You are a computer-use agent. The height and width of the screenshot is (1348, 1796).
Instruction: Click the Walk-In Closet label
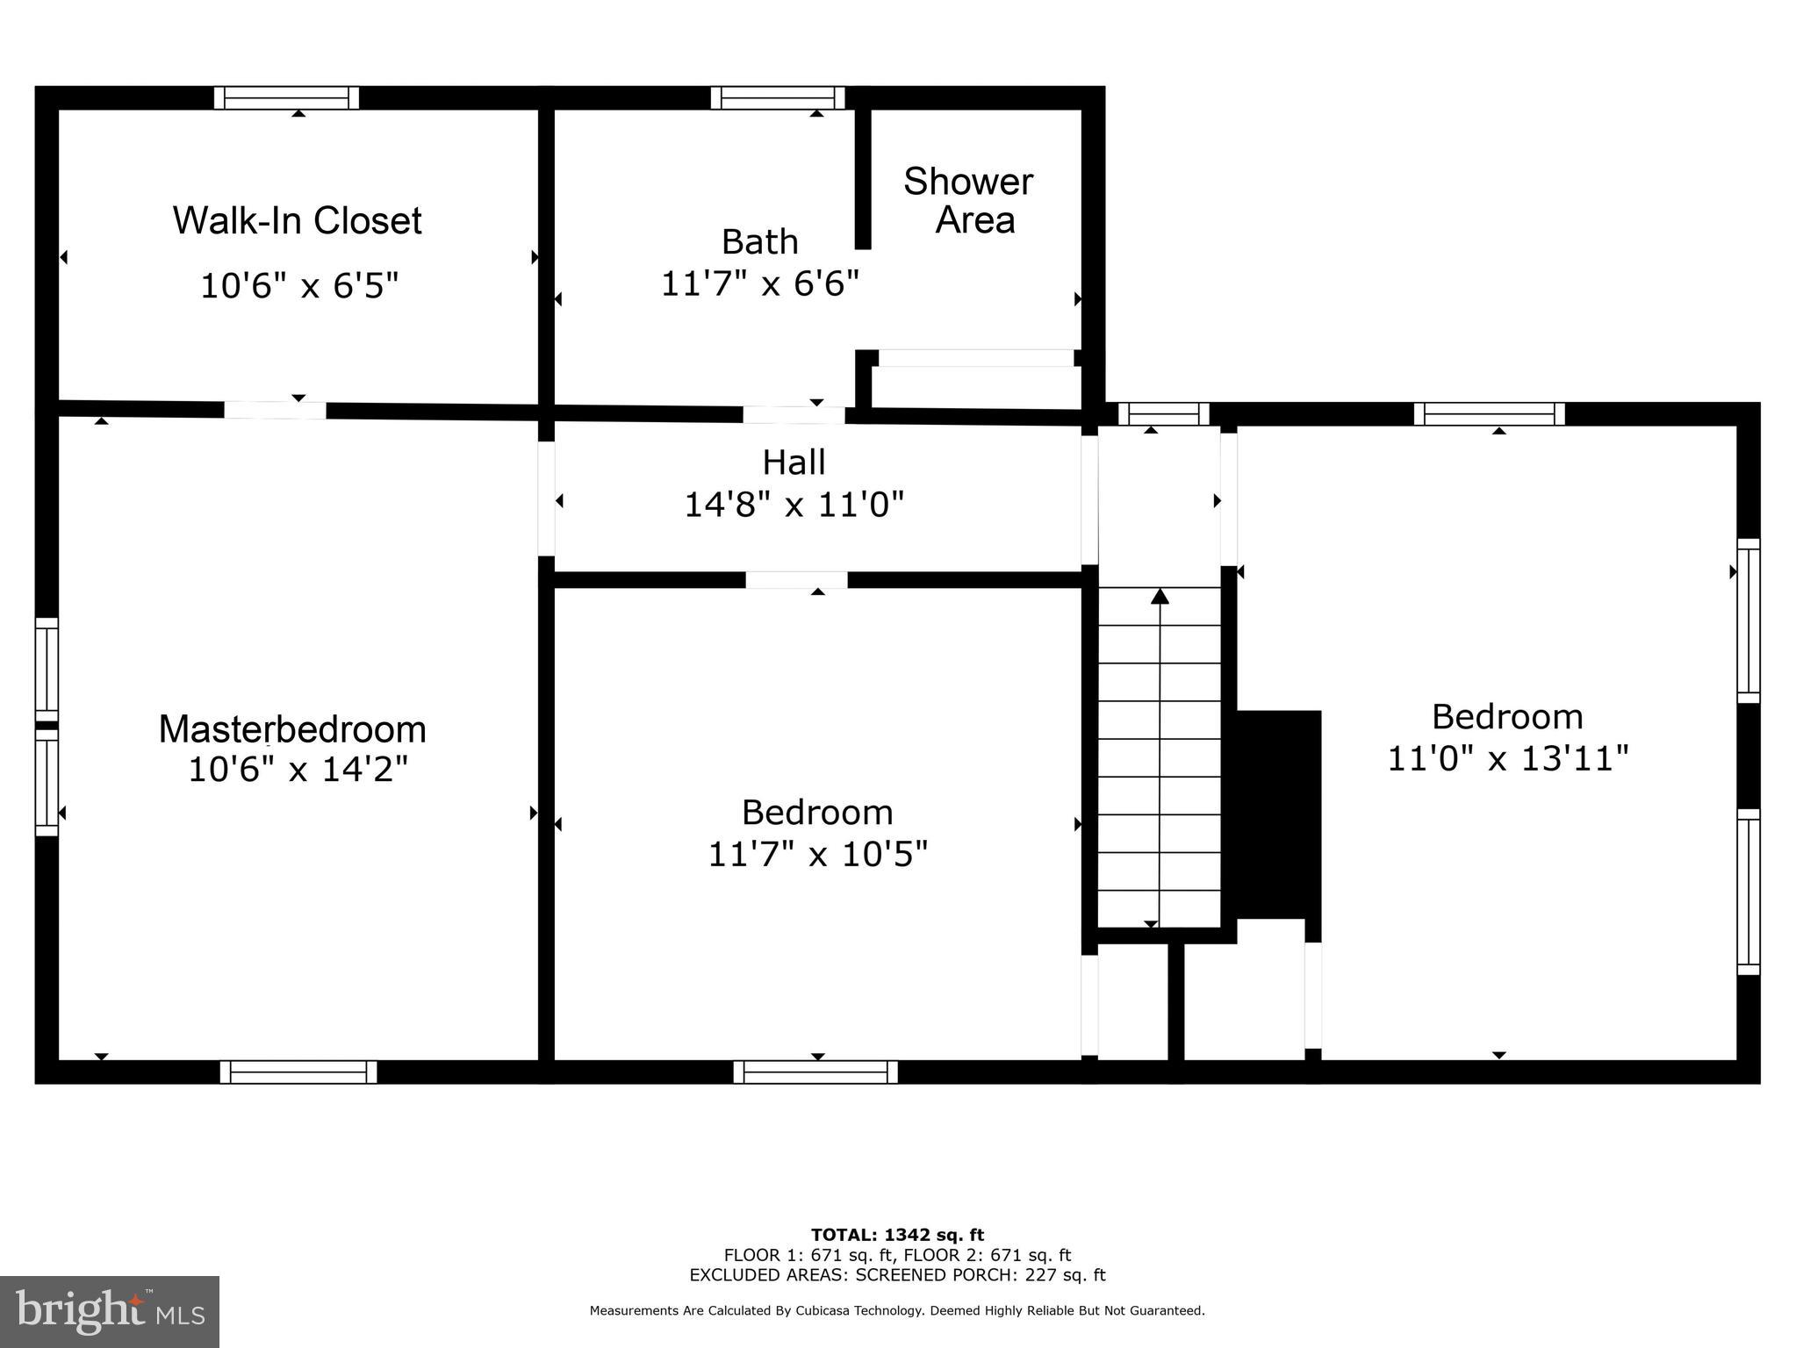point(297,220)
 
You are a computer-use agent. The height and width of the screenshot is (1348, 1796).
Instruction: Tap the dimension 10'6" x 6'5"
point(299,286)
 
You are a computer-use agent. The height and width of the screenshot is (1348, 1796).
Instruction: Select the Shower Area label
point(969,200)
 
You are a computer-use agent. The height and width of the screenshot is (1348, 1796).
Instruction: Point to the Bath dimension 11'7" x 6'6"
point(759,283)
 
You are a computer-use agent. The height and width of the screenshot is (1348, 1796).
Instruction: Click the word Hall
point(794,462)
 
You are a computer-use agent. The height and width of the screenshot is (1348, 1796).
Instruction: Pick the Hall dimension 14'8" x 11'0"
point(794,505)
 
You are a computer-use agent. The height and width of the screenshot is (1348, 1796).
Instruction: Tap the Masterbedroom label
point(292,729)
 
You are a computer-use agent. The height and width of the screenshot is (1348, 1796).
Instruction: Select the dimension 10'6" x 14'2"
point(298,771)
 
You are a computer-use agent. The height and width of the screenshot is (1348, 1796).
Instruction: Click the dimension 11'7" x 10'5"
point(817,853)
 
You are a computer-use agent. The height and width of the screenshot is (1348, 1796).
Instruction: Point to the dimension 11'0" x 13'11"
point(1507,758)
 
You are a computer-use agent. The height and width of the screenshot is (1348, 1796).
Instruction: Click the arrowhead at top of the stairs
point(1160,597)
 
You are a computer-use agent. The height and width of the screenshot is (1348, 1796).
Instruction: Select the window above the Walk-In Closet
point(287,97)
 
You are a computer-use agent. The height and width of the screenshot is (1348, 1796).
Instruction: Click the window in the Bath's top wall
point(778,97)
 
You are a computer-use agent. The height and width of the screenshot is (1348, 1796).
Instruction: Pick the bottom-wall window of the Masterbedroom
point(298,1072)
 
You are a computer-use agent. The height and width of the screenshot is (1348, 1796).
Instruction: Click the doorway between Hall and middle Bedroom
point(796,580)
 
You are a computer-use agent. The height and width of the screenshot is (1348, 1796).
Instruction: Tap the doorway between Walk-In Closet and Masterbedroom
point(275,410)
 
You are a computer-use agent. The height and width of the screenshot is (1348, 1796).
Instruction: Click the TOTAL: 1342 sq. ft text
point(897,1236)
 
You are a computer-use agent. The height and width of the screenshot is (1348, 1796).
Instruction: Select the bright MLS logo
point(110,1311)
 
